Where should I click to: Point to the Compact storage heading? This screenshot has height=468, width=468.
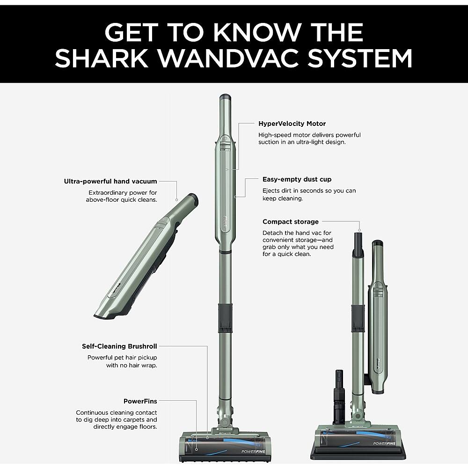(x=290, y=222)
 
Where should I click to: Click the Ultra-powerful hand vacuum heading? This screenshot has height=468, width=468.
(x=110, y=181)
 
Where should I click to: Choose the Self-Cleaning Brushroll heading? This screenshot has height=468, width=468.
(x=119, y=346)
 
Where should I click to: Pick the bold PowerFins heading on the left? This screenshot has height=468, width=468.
(x=140, y=401)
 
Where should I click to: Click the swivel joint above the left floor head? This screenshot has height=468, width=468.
(x=223, y=419)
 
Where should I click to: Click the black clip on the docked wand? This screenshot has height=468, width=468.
(x=358, y=312)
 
